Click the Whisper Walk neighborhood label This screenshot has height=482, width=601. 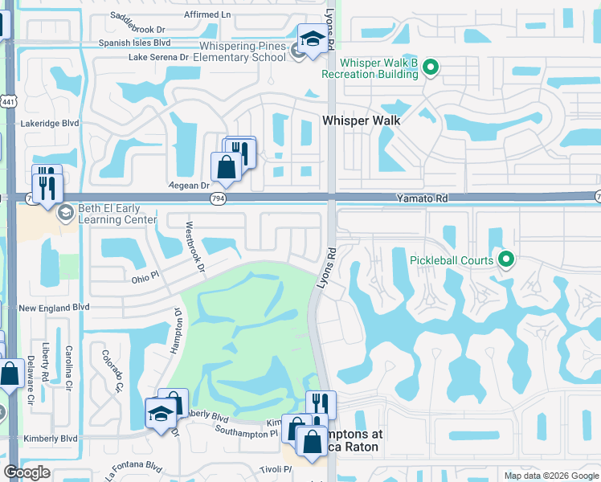click(x=361, y=120)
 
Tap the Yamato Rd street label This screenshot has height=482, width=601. click(x=419, y=197)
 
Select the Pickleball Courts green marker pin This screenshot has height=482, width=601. click(x=506, y=259)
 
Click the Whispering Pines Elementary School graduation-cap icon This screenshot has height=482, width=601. click(x=312, y=38)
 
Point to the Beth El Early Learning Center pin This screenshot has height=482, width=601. click(x=65, y=214)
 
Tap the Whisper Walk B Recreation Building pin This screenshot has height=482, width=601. click(x=431, y=67)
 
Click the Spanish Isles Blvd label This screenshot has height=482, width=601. click(x=134, y=43)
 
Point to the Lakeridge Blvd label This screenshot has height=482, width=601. click(x=50, y=124)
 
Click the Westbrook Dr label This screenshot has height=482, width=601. click(x=195, y=246)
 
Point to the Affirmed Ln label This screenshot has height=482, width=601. click(x=207, y=14)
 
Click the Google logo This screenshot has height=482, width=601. click(x=27, y=472)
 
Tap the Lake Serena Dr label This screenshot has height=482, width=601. click(x=159, y=57)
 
